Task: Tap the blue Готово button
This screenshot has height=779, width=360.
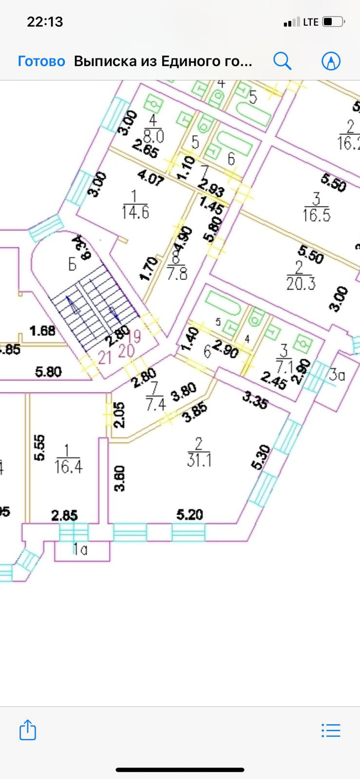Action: (x=41, y=61)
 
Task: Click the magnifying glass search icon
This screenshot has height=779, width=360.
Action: (x=282, y=61)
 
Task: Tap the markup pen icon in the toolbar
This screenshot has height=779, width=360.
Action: (x=331, y=61)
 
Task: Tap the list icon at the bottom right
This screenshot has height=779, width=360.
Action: (x=331, y=730)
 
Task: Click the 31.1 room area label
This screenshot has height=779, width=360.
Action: (x=199, y=459)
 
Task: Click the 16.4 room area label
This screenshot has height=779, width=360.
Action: (x=68, y=466)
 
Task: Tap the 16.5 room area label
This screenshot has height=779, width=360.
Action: (x=316, y=215)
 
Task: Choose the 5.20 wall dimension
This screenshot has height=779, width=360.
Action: (x=189, y=514)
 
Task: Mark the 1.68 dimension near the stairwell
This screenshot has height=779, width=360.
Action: (x=42, y=331)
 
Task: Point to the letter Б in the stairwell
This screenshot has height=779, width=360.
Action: (x=72, y=264)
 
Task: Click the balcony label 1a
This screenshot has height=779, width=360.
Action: (x=80, y=550)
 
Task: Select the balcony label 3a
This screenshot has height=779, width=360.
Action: (x=337, y=375)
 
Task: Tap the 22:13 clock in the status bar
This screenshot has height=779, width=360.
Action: (x=45, y=22)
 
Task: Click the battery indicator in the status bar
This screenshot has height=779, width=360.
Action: (x=334, y=22)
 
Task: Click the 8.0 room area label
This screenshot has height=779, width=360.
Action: (x=153, y=135)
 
